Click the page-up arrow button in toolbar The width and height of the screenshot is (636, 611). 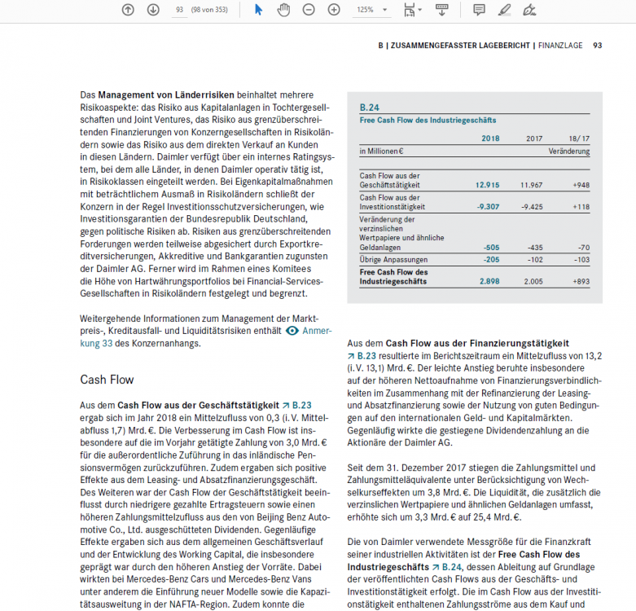tap(128, 10)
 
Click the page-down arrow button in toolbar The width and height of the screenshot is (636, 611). tap(153, 10)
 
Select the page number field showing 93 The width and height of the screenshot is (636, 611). tap(179, 10)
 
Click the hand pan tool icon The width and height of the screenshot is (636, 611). tap(283, 10)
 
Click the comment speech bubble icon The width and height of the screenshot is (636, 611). tap(479, 10)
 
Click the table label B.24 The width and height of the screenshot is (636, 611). tap(369, 107)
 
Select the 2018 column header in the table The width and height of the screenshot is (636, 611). tap(489, 138)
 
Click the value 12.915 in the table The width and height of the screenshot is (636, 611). tap(487, 185)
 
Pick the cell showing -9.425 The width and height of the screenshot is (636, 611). tap(531, 207)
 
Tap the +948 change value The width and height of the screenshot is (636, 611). tap(580, 185)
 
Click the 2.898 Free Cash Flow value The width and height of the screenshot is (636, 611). tap(489, 280)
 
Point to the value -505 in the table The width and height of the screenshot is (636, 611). tap(491, 247)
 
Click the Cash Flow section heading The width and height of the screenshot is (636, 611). tap(107, 380)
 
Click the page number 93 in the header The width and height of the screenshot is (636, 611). tap(597, 46)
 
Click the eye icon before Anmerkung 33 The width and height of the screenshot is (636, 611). tap(292, 332)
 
